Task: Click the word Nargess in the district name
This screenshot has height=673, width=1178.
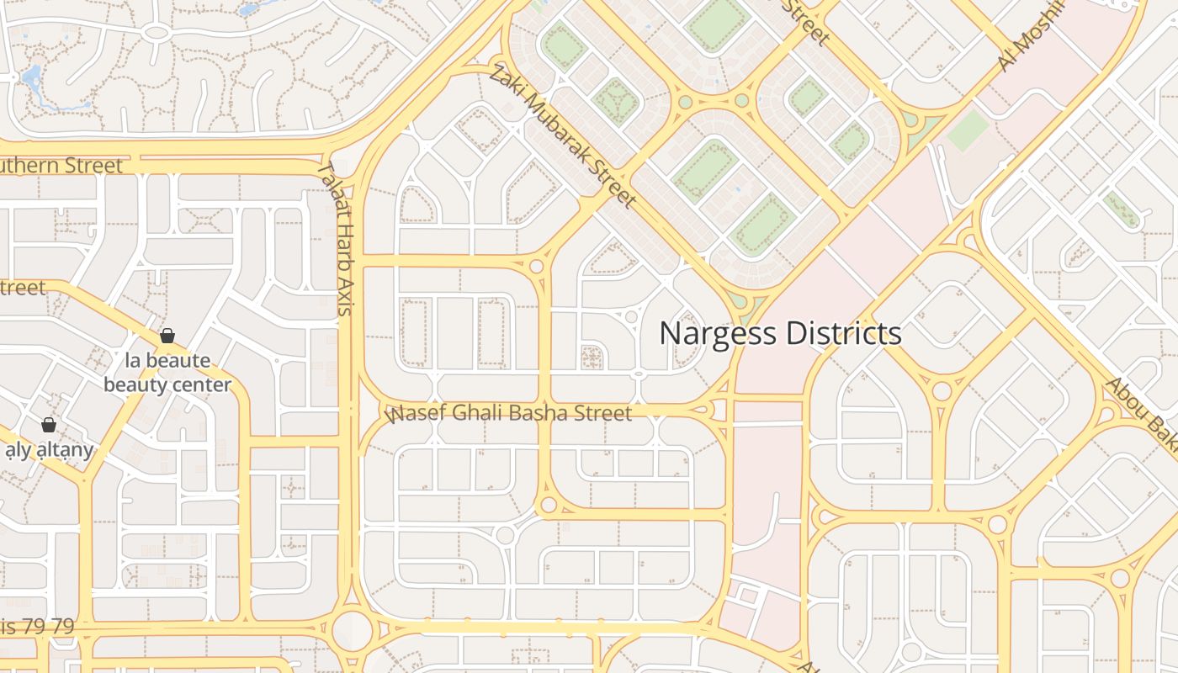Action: pyautogui.click(x=717, y=334)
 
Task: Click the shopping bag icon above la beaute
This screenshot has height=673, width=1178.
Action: pyautogui.click(x=167, y=336)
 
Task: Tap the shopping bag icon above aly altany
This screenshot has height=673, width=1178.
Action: pyautogui.click(x=49, y=425)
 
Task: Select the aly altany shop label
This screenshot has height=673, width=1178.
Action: pyautogui.click(x=49, y=450)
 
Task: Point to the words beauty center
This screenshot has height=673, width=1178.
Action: pyautogui.click(x=167, y=385)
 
